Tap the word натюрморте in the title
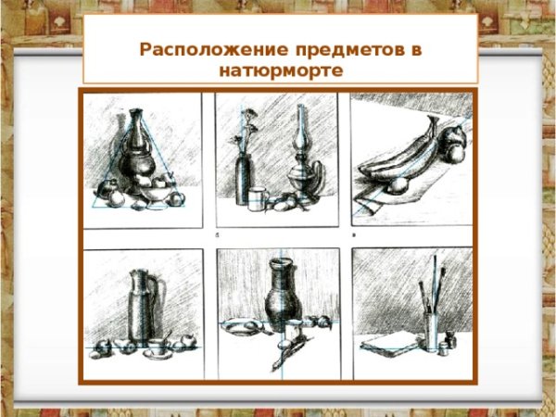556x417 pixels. click(281, 70)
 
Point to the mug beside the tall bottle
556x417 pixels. click(258, 199)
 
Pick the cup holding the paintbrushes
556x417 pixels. click(432, 331)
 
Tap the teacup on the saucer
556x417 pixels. click(158, 347)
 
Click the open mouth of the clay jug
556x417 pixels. click(281, 262)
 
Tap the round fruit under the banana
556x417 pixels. click(398, 186)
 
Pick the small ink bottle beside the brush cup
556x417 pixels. click(450, 340)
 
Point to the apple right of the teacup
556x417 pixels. click(188, 341)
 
